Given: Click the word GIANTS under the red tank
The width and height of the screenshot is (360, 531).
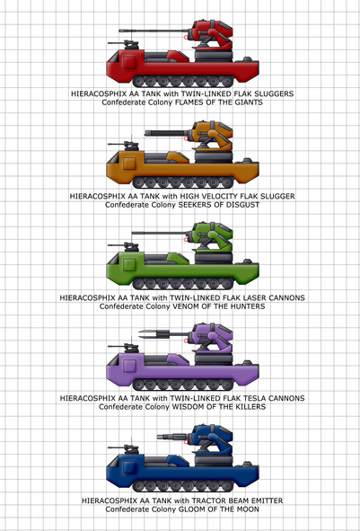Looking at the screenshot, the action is coord(249,102).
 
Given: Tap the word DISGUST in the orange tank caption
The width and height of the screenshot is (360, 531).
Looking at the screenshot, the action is coord(244,205).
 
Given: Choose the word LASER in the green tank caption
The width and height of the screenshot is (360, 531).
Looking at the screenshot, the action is coord(239,297).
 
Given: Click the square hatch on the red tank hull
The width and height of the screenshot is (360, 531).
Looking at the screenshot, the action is coord(129,62).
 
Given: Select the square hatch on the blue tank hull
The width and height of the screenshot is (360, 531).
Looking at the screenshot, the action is coord(129,468).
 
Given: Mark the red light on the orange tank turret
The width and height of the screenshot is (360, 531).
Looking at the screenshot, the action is coord(186,138).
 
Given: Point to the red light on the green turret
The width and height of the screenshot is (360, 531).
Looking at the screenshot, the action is coord(186,239).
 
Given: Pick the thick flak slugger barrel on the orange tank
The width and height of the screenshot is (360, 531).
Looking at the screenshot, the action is coord(169,133).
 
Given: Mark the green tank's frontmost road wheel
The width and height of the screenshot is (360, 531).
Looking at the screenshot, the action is coord(139,283).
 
